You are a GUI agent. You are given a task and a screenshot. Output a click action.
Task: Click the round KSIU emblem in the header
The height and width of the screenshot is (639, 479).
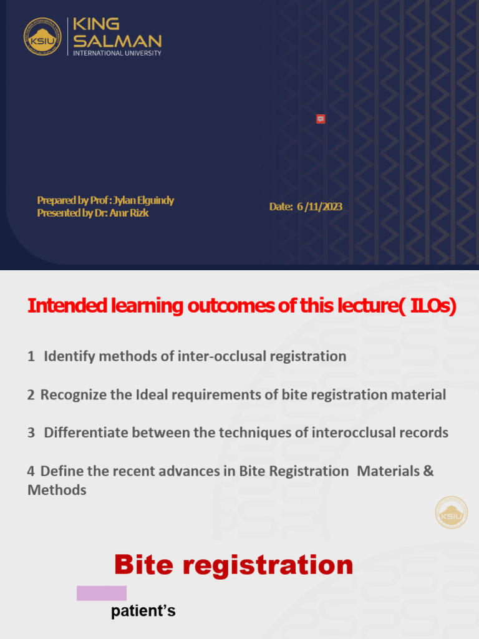[x=42, y=36]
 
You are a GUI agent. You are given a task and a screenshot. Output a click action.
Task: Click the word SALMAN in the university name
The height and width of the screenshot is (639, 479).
[x=117, y=41]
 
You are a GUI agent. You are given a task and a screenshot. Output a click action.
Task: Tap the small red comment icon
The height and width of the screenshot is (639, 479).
[x=321, y=119]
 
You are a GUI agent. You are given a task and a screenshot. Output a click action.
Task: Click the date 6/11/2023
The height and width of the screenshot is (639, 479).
[x=319, y=207]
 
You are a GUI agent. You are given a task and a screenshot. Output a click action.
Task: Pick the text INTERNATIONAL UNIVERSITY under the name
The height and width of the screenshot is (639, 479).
[x=117, y=54]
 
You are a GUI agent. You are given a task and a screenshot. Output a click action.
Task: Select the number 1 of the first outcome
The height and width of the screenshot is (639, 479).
[x=31, y=356]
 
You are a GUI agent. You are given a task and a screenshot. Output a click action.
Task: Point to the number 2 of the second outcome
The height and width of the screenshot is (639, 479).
[x=31, y=394]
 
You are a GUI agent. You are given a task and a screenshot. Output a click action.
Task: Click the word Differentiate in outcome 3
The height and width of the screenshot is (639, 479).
[x=87, y=432]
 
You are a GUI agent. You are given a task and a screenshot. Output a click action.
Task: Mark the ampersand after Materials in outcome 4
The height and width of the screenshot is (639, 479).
[x=428, y=471]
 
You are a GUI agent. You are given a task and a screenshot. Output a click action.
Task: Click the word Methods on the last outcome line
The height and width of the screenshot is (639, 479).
[x=57, y=490]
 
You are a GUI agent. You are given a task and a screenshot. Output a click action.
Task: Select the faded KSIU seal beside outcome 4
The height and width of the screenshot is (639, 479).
[x=451, y=512]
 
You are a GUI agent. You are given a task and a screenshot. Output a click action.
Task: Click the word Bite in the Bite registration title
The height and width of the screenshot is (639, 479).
[x=144, y=565]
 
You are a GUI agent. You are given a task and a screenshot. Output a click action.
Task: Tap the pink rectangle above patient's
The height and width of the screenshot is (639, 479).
[x=102, y=593]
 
